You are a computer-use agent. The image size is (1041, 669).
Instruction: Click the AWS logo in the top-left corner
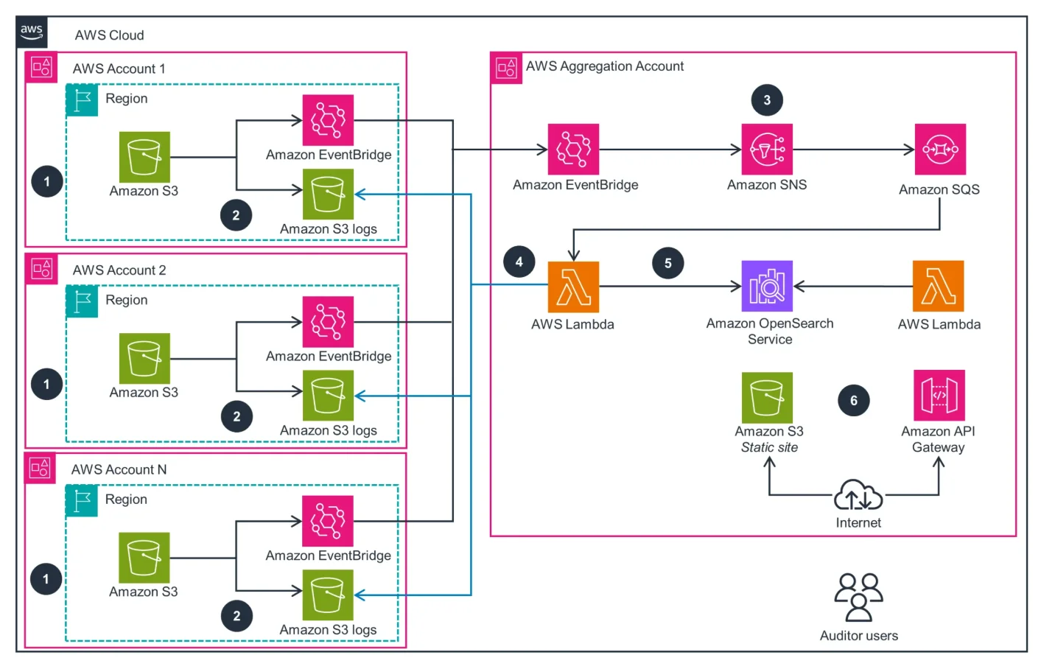tap(32, 32)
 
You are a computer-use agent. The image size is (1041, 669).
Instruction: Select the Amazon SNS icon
tap(766, 150)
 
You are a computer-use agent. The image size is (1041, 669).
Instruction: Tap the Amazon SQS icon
tap(939, 150)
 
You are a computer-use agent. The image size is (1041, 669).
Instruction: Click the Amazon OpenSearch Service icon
tap(767, 286)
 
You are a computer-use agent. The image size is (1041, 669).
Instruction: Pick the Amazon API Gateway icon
tap(939, 396)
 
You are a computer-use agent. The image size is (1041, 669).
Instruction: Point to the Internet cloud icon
tap(858, 496)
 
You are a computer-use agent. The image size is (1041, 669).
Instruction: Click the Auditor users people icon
tap(858, 597)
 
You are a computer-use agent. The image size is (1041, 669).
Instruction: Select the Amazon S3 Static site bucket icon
tap(767, 397)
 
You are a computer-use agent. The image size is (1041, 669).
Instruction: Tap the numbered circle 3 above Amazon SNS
tap(766, 100)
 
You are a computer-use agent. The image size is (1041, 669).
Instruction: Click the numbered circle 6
tap(853, 401)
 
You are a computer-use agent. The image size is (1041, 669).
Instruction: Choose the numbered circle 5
tap(667, 263)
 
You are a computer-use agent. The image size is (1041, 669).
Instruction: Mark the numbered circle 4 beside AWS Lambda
tap(519, 262)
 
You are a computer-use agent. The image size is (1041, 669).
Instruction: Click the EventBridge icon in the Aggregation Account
tap(573, 150)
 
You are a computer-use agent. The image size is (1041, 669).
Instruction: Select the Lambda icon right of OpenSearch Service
tap(938, 286)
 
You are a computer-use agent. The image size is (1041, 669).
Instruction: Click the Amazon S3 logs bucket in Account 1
tap(328, 195)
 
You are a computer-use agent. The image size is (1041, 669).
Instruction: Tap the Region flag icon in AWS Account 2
tap(82, 301)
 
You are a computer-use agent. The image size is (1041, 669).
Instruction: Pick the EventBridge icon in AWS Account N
tap(328, 521)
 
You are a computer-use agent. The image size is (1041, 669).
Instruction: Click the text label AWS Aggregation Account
tap(604, 66)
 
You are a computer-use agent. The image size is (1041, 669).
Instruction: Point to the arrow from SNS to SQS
tap(853, 150)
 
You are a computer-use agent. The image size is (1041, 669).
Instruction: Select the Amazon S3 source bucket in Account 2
tap(144, 359)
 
